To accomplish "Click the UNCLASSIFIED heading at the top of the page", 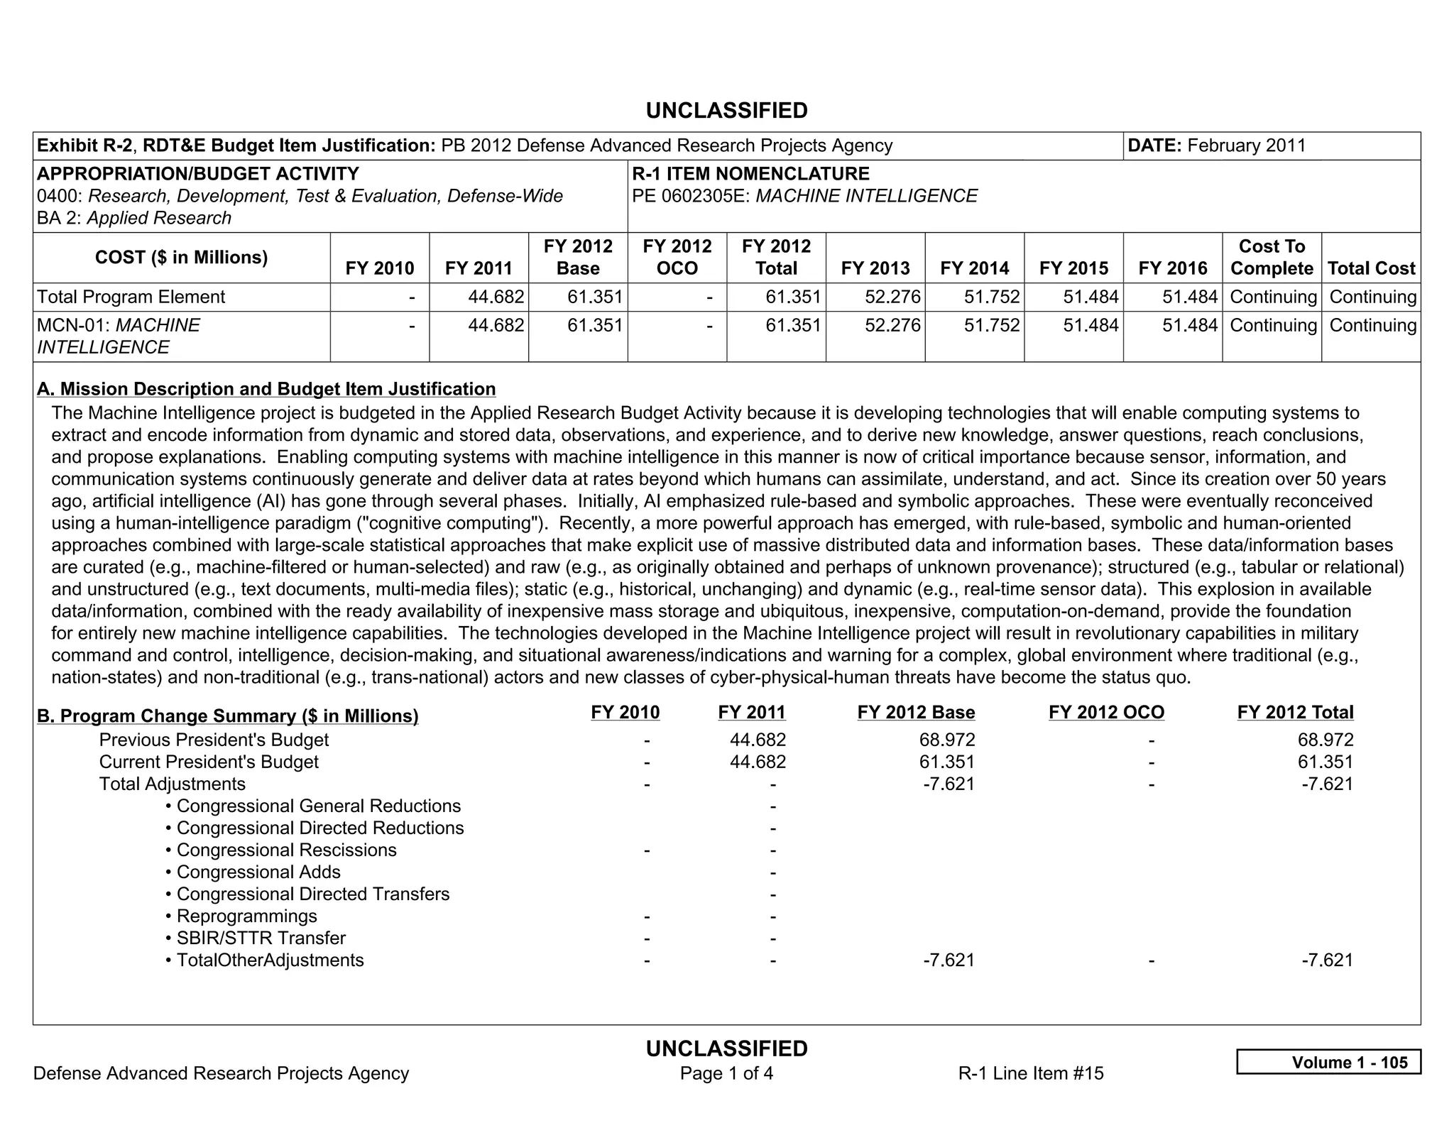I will click(x=726, y=111).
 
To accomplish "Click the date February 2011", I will click(x=1246, y=146).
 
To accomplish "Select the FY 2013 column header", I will click(x=875, y=268).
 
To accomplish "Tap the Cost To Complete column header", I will click(x=1271, y=257).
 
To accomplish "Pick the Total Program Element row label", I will click(x=131, y=297).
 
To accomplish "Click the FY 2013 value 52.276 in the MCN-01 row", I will click(x=892, y=325).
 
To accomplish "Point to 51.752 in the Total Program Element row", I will click(x=991, y=297).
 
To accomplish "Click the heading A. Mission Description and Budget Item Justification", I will click(x=266, y=389).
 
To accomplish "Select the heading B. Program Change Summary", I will click(x=227, y=716).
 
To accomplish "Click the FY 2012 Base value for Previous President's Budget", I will click(x=946, y=740).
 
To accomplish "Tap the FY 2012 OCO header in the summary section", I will click(x=1106, y=712).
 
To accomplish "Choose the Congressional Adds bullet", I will click(x=258, y=872).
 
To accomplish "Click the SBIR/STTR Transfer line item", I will click(x=261, y=938).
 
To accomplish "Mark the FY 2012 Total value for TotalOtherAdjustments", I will click(x=1326, y=960).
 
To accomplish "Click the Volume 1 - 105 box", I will click(x=1328, y=1062).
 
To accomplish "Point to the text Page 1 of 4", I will click(x=726, y=1073).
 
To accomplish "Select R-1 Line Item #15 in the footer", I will click(x=1030, y=1073).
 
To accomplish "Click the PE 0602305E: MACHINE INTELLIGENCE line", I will click(x=804, y=196).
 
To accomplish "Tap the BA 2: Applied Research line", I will click(x=134, y=218).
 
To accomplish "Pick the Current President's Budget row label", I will click(x=209, y=762).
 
